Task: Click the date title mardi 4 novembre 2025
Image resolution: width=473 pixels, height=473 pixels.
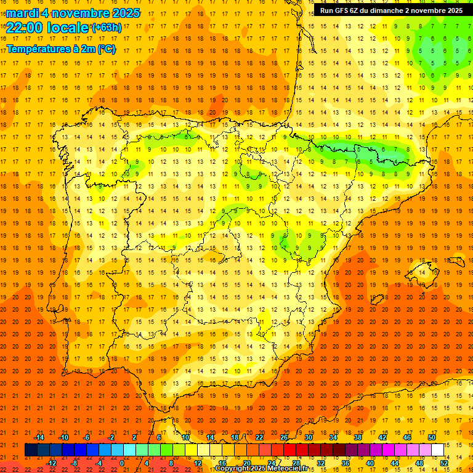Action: coord(73,13)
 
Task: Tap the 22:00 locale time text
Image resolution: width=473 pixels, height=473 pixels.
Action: coord(48,27)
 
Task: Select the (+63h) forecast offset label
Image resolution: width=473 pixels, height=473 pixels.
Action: coord(107,28)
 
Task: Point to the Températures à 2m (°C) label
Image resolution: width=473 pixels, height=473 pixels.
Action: coord(61,49)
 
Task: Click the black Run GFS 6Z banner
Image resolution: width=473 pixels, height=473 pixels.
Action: coord(391,10)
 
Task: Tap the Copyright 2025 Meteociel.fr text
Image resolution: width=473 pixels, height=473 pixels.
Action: coord(265,469)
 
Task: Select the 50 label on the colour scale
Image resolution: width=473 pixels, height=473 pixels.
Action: coord(432,437)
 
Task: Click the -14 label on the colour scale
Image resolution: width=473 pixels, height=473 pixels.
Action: coord(39,437)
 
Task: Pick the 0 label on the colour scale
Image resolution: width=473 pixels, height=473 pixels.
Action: coord(121,463)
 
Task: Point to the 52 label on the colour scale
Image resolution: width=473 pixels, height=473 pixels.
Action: coord(444,463)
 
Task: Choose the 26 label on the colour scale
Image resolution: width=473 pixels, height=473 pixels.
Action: coord(284,437)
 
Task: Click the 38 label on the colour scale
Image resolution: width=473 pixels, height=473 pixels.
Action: coord(358,437)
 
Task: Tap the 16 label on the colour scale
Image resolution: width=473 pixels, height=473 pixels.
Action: coord(222,463)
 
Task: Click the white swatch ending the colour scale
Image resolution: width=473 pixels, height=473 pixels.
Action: coord(438,450)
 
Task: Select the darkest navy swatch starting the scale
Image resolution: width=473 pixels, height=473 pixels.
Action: coord(31,450)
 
